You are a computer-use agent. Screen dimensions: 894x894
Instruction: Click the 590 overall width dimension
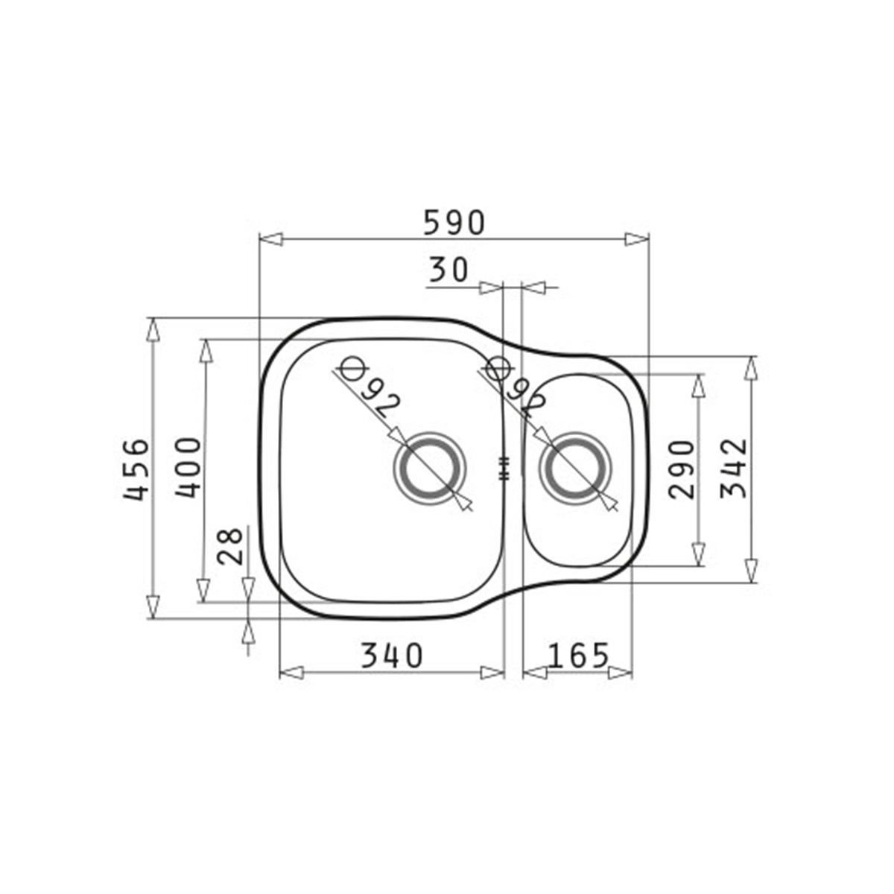454,222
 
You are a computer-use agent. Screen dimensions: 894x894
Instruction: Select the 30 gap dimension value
448,269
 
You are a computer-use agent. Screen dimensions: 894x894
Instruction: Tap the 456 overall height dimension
136,469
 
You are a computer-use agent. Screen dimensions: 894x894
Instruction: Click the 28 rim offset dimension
232,546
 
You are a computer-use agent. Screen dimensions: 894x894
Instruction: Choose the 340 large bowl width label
391,656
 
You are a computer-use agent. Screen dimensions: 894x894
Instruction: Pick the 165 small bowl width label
578,656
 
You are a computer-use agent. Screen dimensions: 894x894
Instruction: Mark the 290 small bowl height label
681,469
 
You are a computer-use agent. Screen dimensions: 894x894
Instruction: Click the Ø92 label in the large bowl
370,390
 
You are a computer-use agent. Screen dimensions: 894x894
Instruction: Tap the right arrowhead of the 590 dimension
637,239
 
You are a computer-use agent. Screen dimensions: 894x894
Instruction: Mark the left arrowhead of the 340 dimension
291,673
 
